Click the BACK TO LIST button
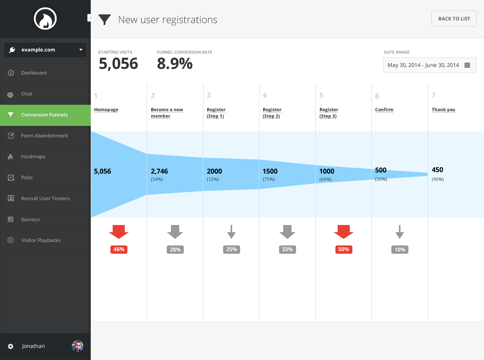click(x=454, y=19)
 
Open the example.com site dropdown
click(x=45, y=50)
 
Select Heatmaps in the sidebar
click(x=33, y=157)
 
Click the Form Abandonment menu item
click(x=44, y=136)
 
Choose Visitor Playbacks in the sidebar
click(x=40, y=240)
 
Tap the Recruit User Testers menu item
click(x=45, y=199)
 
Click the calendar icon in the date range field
click(x=467, y=65)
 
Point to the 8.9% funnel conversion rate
click(x=175, y=64)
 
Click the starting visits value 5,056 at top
click(x=118, y=64)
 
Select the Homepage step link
click(x=106, y=110)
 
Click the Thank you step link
click(x=443, y=110)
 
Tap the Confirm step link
click(x=384, y=110)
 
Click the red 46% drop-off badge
click(x=119, y=250)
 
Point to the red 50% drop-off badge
click(x=343, y=250)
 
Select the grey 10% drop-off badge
click(x=400, y=250)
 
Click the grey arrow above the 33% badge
click(x=287, y=231)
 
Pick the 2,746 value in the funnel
click(x=159, y=171)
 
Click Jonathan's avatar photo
click(x=78, y=346)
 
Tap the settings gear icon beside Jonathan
click(x=11, y=346)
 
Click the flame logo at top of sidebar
click(x=45, y=19)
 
